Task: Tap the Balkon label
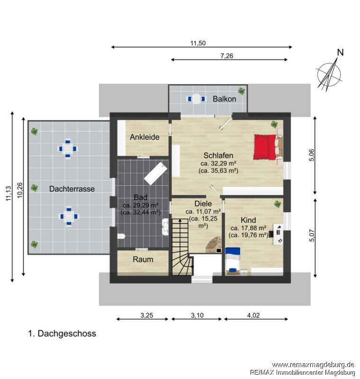[x=224, y=99]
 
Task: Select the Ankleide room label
[x=144, y=137]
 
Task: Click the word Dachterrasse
[x=72, y=189]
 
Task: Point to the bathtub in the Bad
[x=155, y=173]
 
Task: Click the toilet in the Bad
[x=121, y=236]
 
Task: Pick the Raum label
[x=143, y=259]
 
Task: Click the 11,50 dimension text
[x=198, y=43]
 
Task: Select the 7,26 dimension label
[x=226, y=56]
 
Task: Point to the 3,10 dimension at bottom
[x=197, y=316]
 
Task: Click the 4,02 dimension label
[x=253, y=316]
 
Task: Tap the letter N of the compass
[x=340, y=53]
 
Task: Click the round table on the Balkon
[x=196, y=99]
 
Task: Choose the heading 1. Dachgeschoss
[x=62, y=334]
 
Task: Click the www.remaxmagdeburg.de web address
[x=313, y=365]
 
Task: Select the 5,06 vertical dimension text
[x=312, y=155]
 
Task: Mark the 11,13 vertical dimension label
[x=9, y=193]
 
